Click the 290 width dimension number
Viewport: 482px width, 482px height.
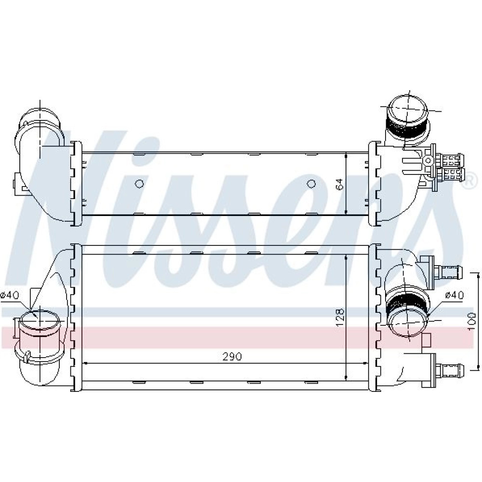point(232,356)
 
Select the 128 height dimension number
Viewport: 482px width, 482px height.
point(340,318)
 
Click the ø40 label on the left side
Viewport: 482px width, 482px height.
point(10,295)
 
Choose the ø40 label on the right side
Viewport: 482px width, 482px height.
point(454,295)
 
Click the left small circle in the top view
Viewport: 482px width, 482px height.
point(139,184)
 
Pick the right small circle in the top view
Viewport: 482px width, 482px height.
point(311,184)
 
